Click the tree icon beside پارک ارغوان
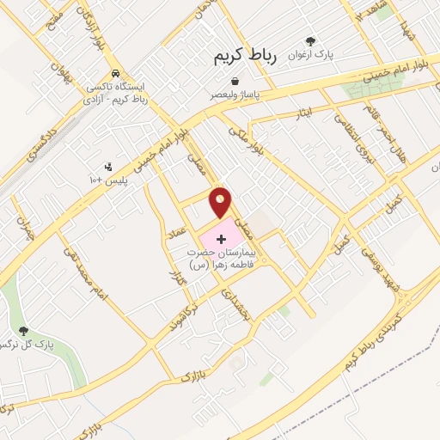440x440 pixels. pyautogui.click(x=311, y=40)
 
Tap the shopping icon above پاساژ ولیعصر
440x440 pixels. pyautogui.click(x=234, y=81)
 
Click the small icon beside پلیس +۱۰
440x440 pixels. pyautogui.click(x=107, y=167)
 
